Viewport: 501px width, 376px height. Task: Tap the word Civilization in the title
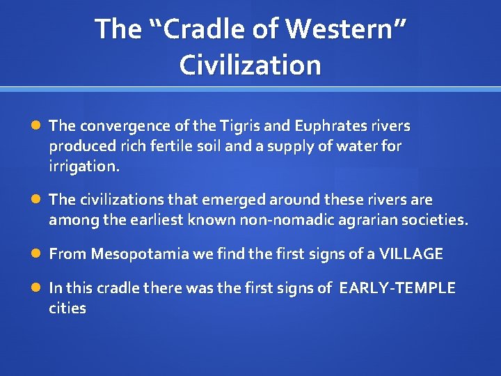tap(250, 65)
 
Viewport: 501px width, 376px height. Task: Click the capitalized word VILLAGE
tap(411, 254)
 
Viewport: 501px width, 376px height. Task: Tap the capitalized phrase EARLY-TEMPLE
tap(397, 288)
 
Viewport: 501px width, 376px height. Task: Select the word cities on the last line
tap(67, 308)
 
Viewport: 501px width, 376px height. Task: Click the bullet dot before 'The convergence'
tap(36, 126)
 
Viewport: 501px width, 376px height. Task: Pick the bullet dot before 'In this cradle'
tap(36, 288)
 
